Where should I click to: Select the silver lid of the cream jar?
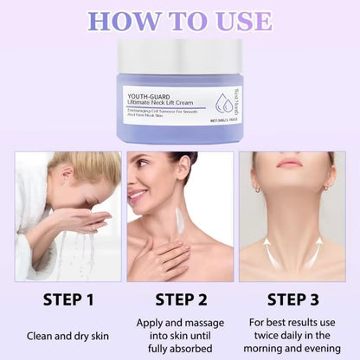click(x=179, y=57)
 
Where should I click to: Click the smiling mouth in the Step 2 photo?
click(x=141, y=196)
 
